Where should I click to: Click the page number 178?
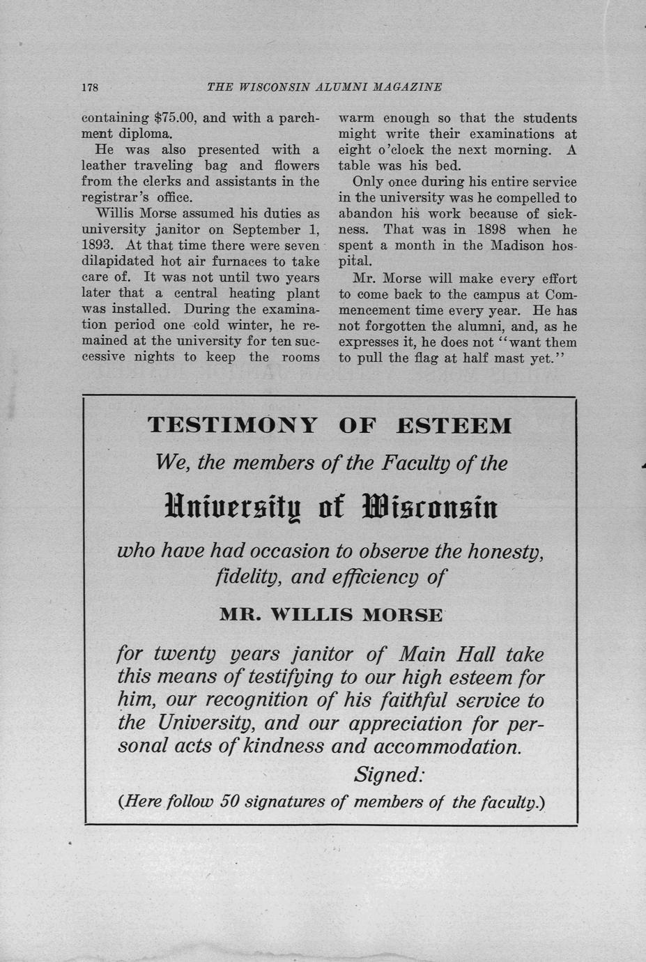[x=91, y=88]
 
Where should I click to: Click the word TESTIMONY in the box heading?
[x=233, y=425]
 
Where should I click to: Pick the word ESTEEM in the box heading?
[x=454, y=425]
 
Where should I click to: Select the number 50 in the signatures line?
[x=230, y=802]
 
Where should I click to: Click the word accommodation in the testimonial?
[x=447, y=747]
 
